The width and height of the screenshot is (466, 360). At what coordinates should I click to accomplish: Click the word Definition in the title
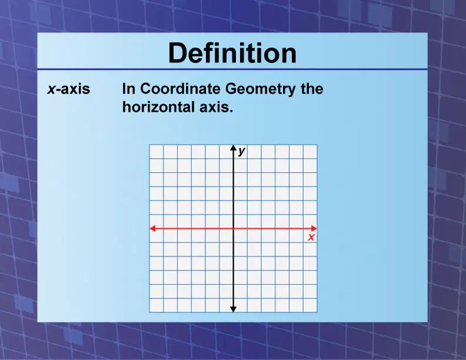tap(232, 53)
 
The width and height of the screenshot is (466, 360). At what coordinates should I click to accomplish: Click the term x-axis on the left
tap(68, 89)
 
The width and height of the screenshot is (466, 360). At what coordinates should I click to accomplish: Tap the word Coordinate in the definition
tap(181, 88)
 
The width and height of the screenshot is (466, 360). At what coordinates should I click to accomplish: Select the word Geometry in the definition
tap(260, 89)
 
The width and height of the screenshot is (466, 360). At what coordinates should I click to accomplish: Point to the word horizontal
tap(158, 107)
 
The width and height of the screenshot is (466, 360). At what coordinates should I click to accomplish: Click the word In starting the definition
tap(129, 88)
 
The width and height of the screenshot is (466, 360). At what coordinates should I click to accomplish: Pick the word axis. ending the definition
tap(216, 107)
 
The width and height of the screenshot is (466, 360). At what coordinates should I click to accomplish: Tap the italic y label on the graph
tap(242, 151)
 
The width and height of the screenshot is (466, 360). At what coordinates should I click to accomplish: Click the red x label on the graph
tap(311, 237)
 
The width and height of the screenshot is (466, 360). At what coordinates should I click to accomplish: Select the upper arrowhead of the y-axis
tap(234, 148)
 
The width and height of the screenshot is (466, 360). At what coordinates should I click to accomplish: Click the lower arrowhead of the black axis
tap(234, 309)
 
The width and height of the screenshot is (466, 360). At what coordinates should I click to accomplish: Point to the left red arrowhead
tap(152, 228)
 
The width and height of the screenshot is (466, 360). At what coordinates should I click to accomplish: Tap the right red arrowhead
tap(314, 228)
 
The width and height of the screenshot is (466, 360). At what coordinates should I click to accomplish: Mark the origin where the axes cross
tap(234, 228)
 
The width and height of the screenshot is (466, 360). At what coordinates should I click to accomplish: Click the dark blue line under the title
tap(232, 69)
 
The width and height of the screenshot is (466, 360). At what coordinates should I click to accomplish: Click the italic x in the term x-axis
tap(51, 89)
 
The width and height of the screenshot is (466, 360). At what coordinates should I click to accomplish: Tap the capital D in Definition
tap(177, 53)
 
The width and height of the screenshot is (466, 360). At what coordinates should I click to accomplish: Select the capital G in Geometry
tap(231, 88)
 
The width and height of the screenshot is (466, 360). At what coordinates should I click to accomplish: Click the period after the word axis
tap(231, 111)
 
